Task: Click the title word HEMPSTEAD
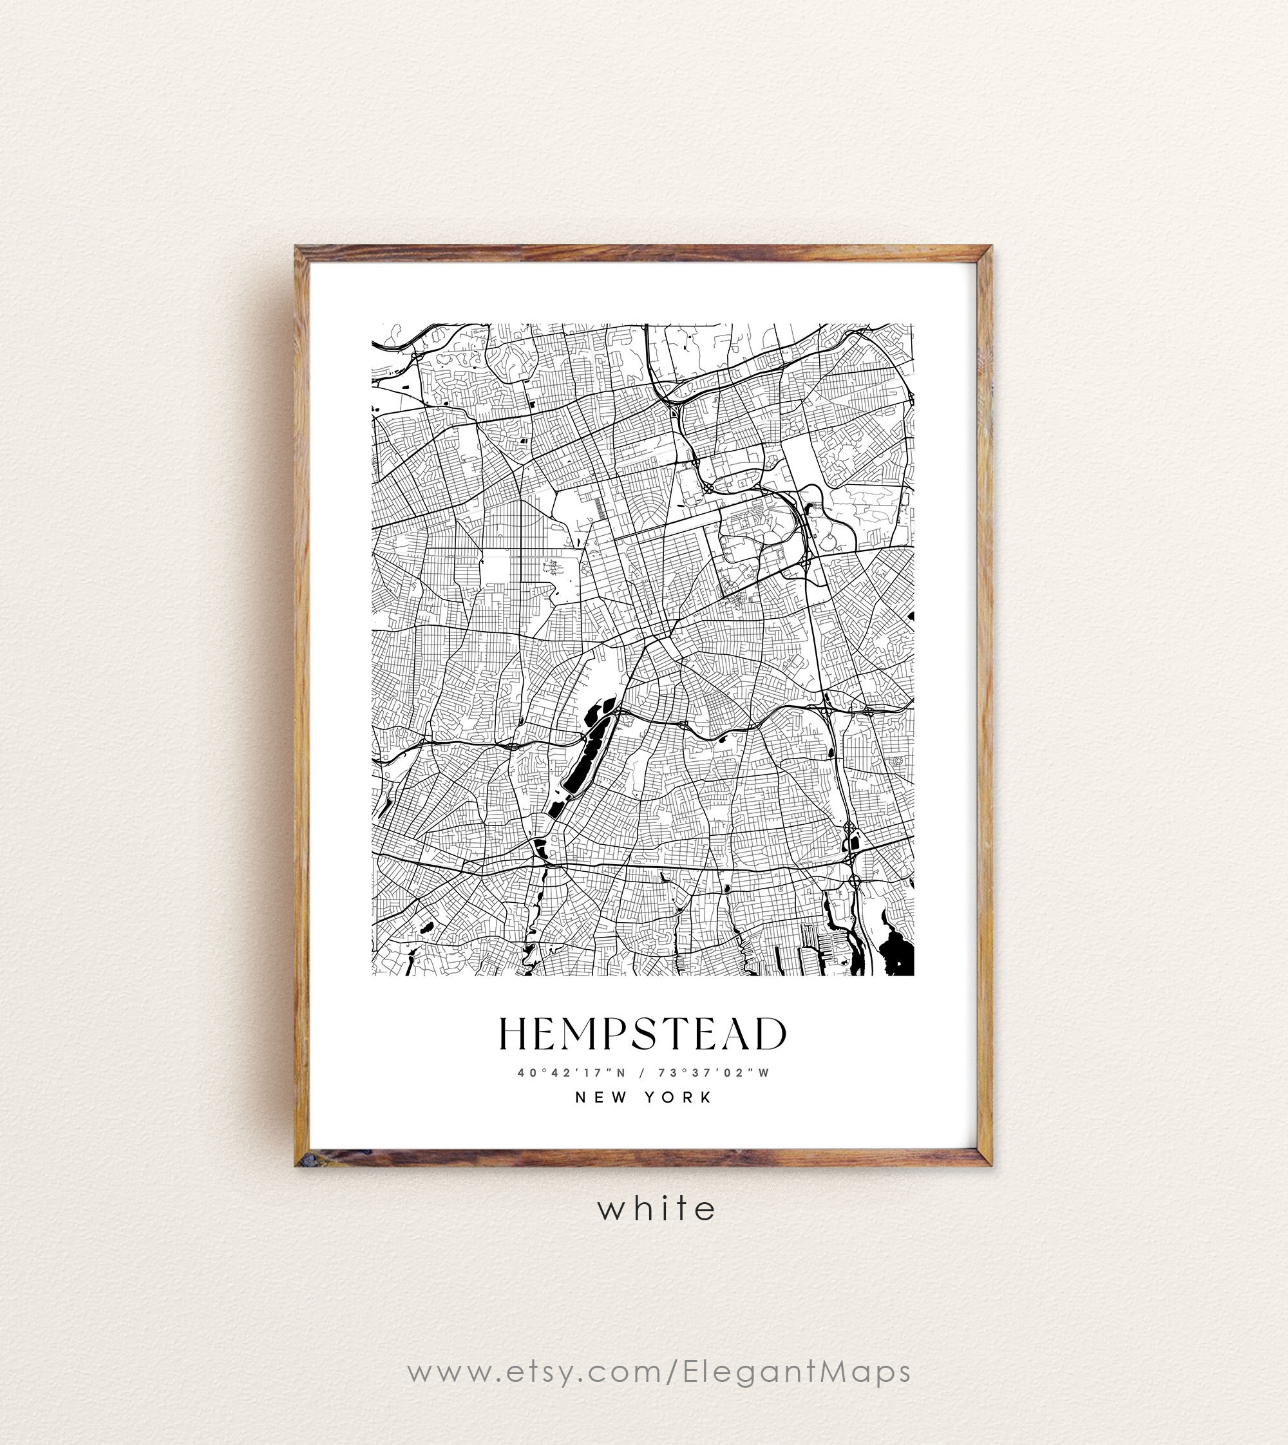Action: pyautogui.click(x=643, y=1034)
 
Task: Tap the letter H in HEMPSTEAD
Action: pyautogui.click(x=514, y=1034)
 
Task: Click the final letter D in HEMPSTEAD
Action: pyautogui.click(x=770, y=1034)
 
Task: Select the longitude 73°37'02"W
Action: pyautogui.click(x=713, y=1073)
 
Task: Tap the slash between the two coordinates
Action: pyautogui.click(x=642, y=1073)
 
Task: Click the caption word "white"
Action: pyautogui.click(x=657, y=1209)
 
